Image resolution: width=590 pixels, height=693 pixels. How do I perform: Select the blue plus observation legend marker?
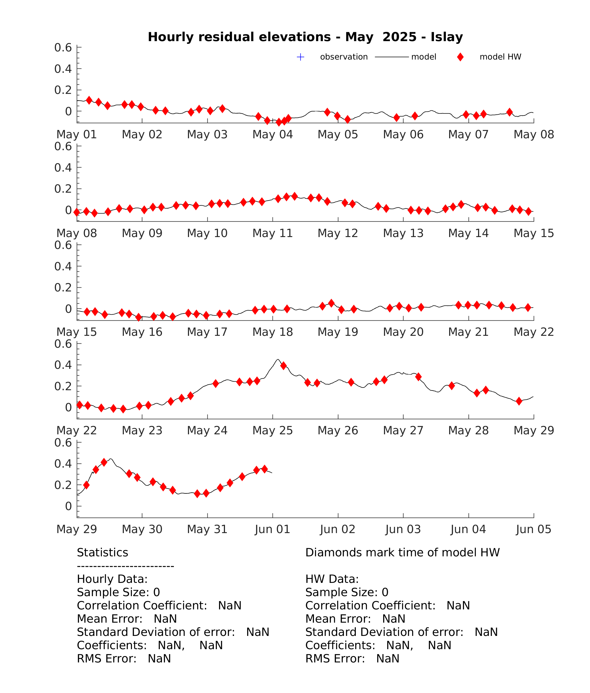(300, 57)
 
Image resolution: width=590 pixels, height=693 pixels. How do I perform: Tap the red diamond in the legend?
(460, 57)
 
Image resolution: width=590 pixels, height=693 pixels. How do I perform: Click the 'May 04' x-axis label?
(273, 134)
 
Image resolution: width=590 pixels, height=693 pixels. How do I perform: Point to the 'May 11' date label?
(273, 233)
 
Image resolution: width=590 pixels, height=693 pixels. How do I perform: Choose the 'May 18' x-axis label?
(273, 332)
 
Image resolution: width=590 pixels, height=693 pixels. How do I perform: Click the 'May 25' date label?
(273, 430)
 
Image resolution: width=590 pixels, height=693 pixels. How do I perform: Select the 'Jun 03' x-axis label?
(403, 529)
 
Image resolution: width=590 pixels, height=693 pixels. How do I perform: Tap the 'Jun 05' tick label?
(533, 529)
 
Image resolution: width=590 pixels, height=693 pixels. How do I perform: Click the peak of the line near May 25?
(277, 360)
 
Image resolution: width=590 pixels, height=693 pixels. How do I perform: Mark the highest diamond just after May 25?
(283, 366)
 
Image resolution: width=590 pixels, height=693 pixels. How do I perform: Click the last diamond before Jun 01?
(264, 469)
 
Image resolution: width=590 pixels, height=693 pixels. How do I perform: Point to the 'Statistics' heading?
(102, 553)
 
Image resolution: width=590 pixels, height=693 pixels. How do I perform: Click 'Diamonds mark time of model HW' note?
(402, 553)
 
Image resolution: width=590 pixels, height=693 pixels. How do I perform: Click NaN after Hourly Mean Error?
(165, 619)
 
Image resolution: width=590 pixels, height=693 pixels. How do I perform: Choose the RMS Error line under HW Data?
(352, 659)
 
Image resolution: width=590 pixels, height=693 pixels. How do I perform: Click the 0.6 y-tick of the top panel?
(63, 48)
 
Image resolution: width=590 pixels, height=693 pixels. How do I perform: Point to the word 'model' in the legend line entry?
(423, 57)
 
